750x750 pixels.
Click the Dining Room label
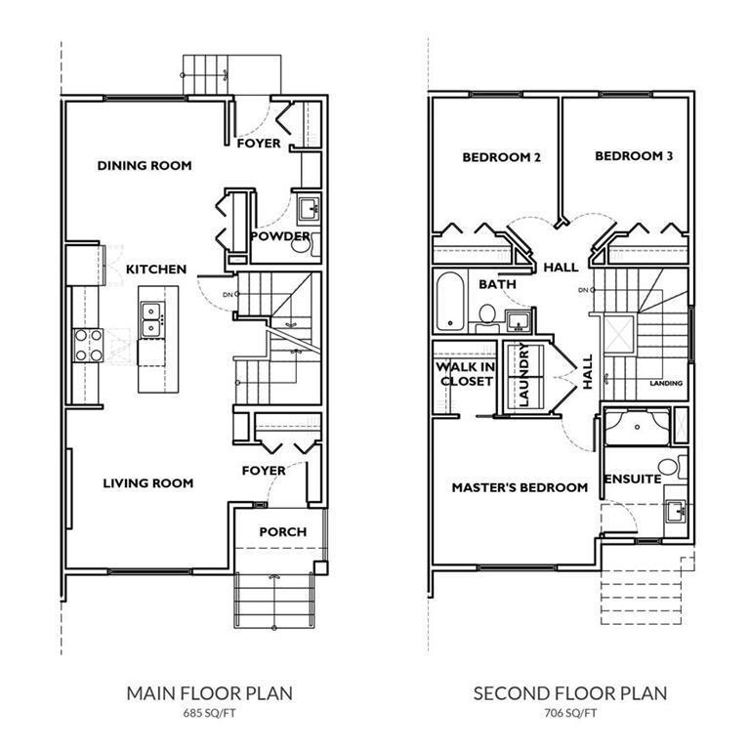[145, 165]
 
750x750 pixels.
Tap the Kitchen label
[156, 270]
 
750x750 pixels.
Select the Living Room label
[148, 483]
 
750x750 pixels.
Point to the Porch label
[282, 532]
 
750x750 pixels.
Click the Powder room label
[280, 236]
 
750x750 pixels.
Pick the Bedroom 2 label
[501, 157]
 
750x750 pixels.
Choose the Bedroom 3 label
[634, 156]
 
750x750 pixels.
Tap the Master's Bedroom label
[520, 487]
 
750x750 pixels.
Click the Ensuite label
[633, 479]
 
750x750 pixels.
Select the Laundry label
[524, 375]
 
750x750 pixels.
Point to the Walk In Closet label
[466, 374]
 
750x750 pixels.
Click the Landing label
[666, 383]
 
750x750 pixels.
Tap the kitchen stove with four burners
[89, 346]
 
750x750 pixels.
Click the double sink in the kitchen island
[152, 320]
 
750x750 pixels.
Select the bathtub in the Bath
[450, 302]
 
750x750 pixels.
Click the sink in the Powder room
[309, 209]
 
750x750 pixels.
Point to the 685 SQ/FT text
[210, 713]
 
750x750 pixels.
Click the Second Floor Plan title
[570, 693]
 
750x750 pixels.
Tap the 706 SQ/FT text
[570, 713]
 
